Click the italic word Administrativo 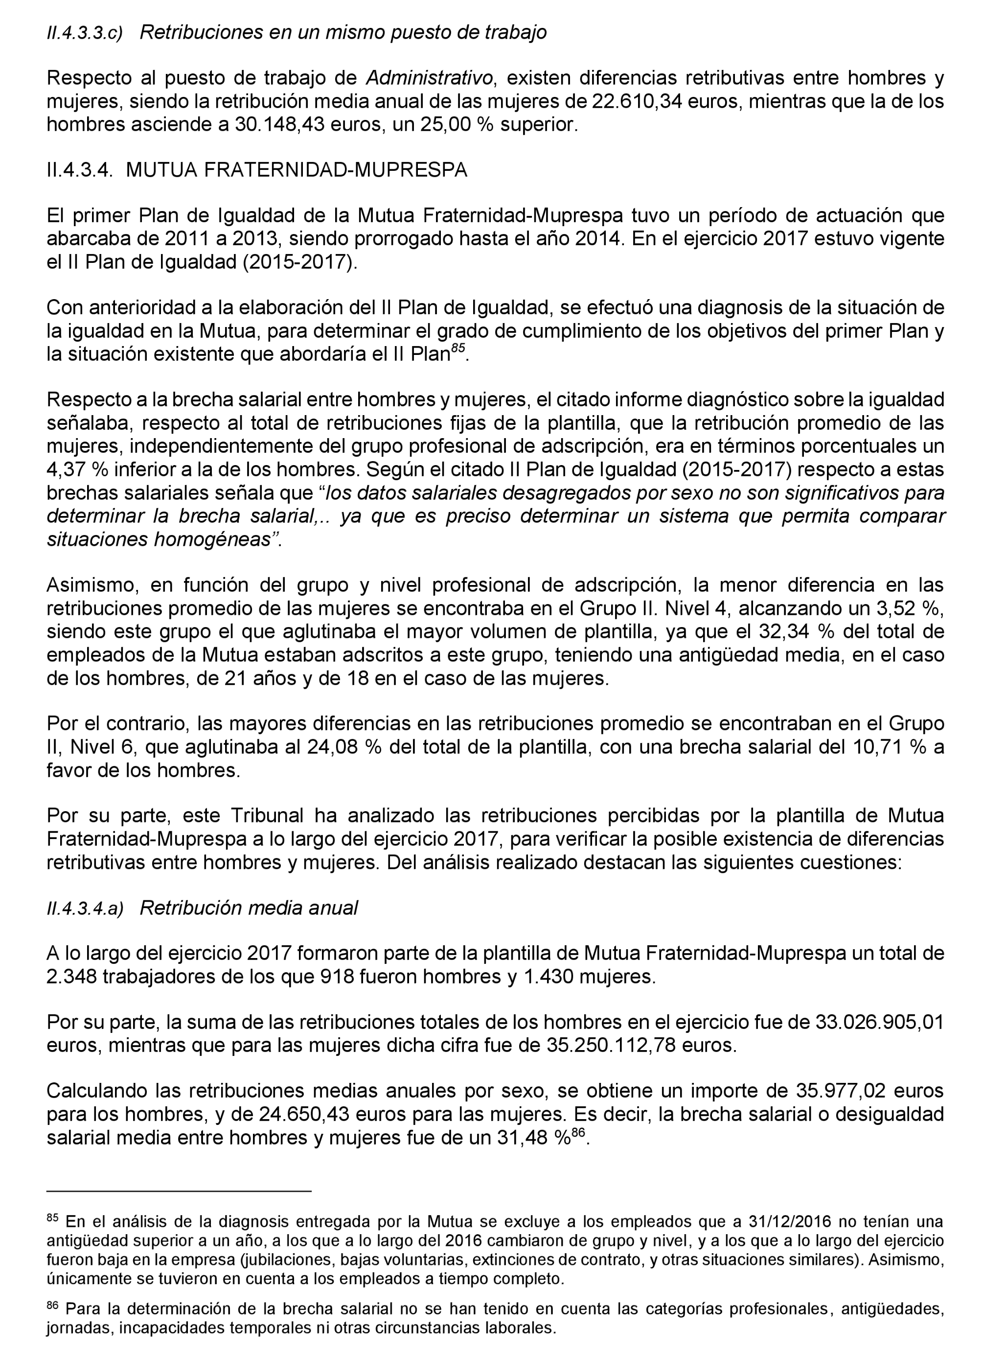click(429, 78)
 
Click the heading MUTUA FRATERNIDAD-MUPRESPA click(297, 170)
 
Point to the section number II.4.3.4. click(80, 170)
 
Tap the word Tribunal click(267, 816)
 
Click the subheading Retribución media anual click(249, 908)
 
